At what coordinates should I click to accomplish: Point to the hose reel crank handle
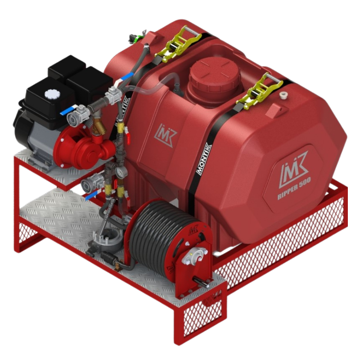pos(201,282)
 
